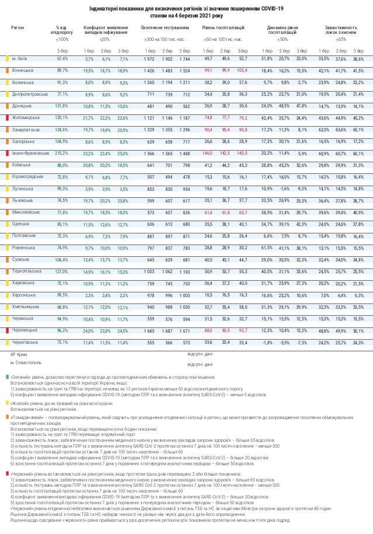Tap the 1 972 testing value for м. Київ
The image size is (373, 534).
148,59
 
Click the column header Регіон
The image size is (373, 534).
18,28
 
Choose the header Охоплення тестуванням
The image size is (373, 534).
166,28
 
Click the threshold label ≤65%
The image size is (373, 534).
341,40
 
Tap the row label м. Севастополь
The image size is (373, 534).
26,362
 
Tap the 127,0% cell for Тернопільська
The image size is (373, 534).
62,271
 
